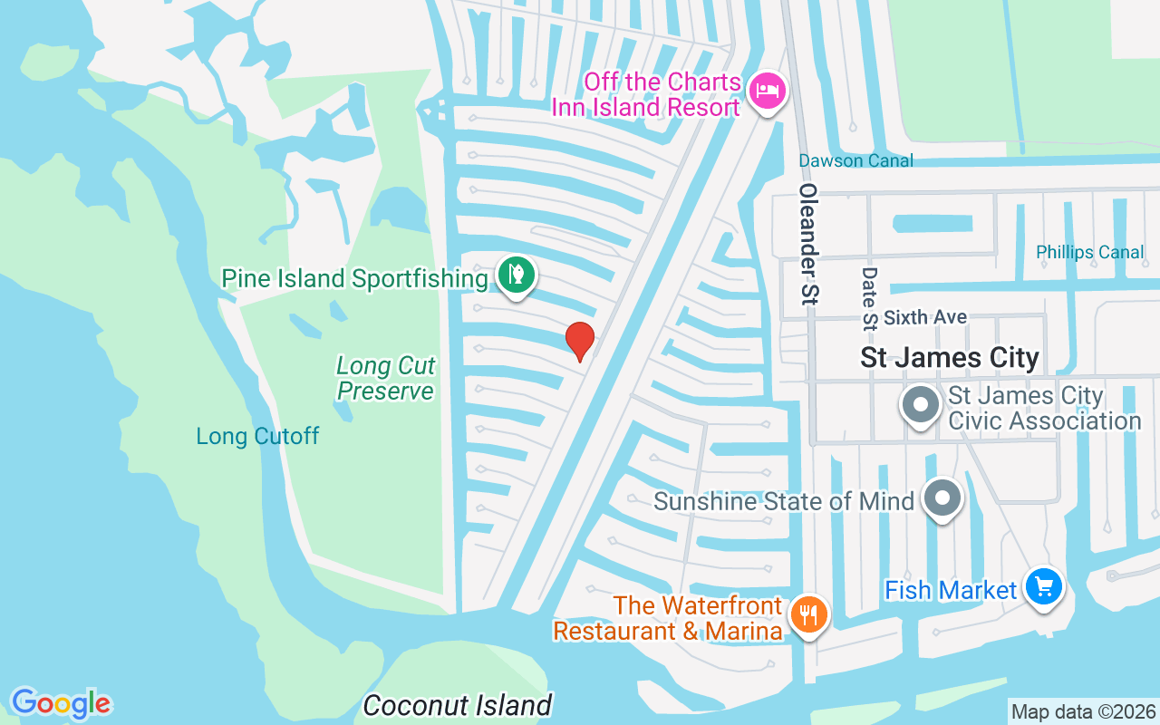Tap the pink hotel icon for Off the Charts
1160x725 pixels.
768,91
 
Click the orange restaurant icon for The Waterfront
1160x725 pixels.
808,615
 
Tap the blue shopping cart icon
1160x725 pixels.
1044,587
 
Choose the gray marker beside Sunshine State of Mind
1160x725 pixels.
942,498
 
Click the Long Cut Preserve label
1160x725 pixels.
385,378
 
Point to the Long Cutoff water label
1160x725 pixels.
257,436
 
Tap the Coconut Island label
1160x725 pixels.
457,705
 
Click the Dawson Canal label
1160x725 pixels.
855,160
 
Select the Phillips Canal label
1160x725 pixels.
1090,252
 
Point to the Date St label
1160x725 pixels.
870,296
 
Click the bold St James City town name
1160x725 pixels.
949,357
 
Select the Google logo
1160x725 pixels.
61,703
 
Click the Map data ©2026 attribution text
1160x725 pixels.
1083,711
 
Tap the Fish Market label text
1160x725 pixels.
951,590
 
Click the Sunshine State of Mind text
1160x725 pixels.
783,501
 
